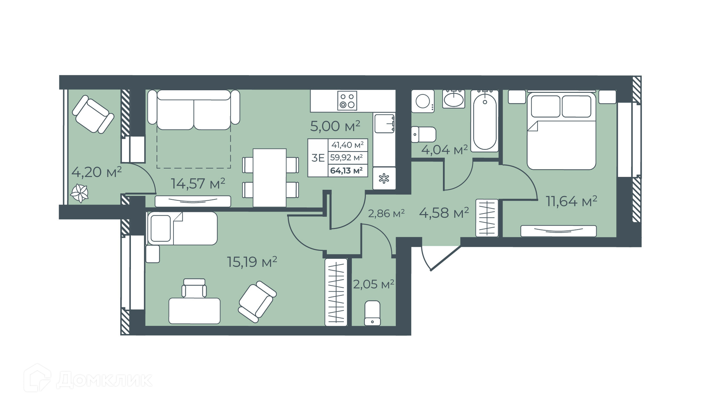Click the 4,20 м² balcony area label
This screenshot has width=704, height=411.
(x=96, y=172)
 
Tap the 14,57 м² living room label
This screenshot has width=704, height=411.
(x=198, y=183)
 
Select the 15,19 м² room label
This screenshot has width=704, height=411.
(x=252, y=262)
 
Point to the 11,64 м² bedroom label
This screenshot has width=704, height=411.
(x=572, y=201)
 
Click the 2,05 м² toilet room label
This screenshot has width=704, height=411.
(x=374, y=284)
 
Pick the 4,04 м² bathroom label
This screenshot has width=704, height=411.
(x=444, y=150)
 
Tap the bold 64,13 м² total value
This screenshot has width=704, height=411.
(x=346, y=170)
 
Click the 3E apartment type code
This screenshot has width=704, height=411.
(x=318, y=158)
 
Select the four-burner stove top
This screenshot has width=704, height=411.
(x=347, y=101)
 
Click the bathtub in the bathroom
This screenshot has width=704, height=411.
(x=485, y=121)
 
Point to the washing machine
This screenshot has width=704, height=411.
(x=423, y=101)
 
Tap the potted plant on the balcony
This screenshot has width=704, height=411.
(x=80, y=193)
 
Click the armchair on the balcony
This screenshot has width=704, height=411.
(x=93, y=114)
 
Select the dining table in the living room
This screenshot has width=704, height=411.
(x=270, y=178)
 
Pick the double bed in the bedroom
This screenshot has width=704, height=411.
(x=561, y=130)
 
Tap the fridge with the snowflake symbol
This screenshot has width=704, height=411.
(x=384, y=179)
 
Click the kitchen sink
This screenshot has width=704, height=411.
(x=384, y=123)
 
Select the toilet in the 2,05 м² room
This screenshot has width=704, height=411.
(x=373, y=313)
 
